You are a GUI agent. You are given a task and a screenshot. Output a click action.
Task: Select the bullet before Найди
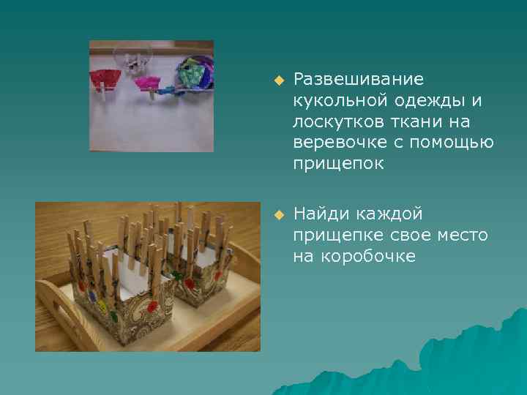pyautogui.click(x=278, y=214)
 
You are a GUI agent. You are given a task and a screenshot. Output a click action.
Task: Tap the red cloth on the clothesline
pyautogui.click(x=106, y=78)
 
